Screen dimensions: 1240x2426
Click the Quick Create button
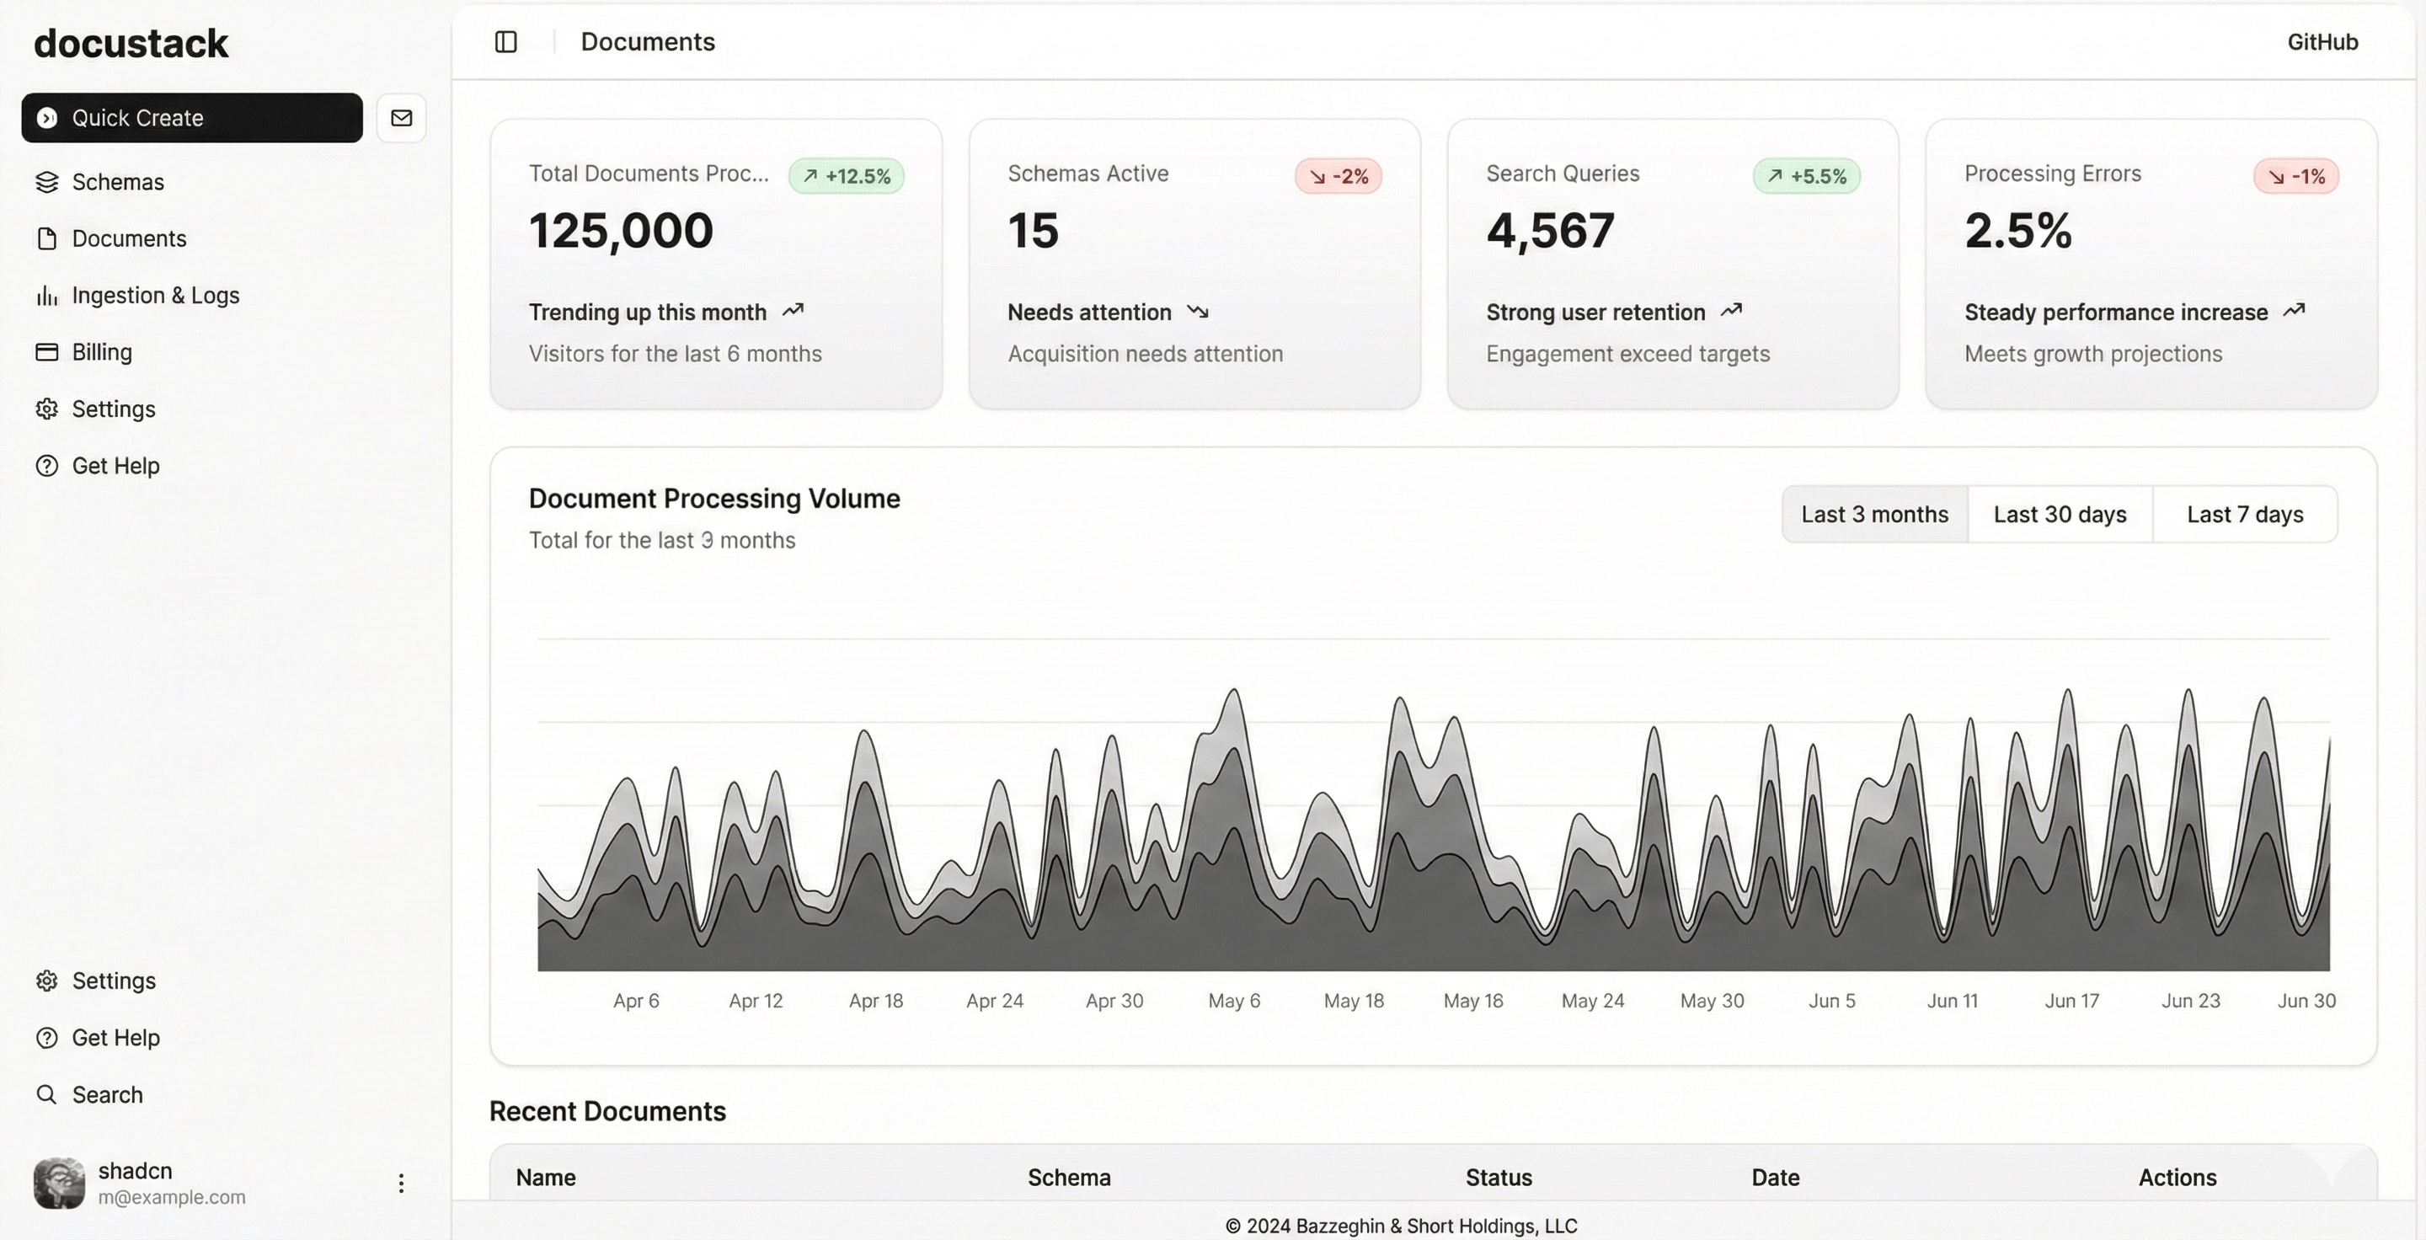coord(191,118)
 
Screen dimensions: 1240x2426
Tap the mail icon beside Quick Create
coord(401,118)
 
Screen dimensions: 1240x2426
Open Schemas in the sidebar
coord(118,182)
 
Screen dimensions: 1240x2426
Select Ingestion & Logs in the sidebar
coord(155,296)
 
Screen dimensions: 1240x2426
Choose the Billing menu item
coord(102,352)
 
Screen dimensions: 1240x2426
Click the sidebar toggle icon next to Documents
coord(505,42)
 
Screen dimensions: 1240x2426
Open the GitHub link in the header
coord(2322,42)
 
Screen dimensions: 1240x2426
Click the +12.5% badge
coord(846,176)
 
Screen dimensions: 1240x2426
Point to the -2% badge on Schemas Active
coord(1338,176)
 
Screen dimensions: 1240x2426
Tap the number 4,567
coord(1550,231)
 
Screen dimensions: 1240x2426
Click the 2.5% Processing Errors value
coord(2017,231)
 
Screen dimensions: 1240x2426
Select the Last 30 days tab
coord(2060,515)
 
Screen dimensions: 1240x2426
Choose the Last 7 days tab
coord(2244,515)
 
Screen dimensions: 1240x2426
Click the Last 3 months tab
coord(1874,515)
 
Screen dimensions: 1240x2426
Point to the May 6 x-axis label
coord(1234,1001)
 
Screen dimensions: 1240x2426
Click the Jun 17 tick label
coord(2071,1001)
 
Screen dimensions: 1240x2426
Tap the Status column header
coord(1499,1178)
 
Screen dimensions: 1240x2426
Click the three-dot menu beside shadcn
coord(401,1184)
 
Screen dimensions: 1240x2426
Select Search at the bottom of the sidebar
coord(107,1095)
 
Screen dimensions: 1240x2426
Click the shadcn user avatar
coord(59,1184)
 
